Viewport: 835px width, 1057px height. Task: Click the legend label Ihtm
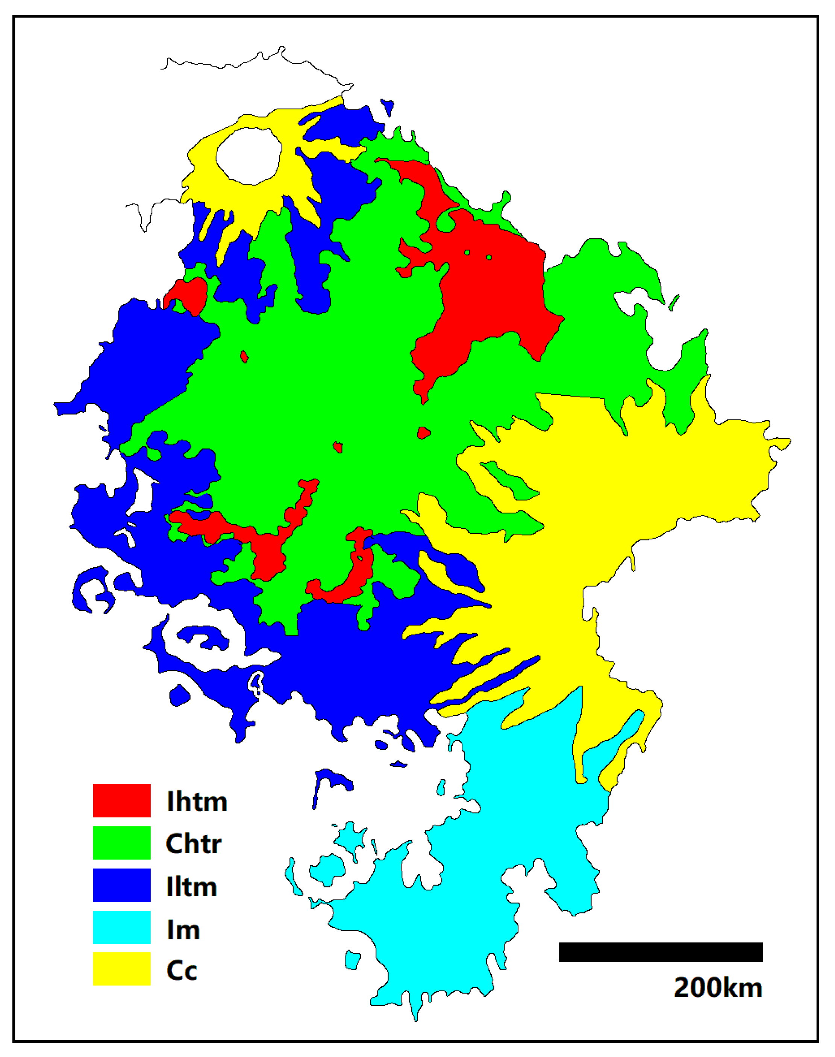coord(197,801)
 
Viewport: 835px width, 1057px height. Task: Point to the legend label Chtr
coord(194,843)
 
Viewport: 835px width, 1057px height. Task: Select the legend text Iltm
coord(191,886)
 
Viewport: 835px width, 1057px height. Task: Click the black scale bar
coord(661,952)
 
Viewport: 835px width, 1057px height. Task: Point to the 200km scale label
coord(718,987)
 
